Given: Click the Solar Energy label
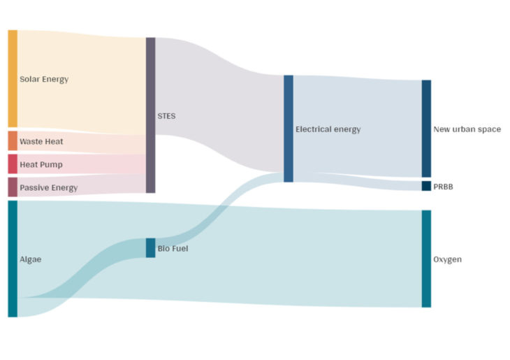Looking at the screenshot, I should coord(44,79).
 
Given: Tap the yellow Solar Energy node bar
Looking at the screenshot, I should coord(13,78).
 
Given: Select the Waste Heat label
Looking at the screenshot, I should coord(41,141).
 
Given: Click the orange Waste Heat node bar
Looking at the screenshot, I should coord(13,141).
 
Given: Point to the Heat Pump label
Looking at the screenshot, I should coord(41,164).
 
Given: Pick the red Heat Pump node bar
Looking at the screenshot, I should coord(13,164).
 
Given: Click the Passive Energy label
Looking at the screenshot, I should coord(48,187).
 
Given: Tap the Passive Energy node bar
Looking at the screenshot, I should coord(13,187).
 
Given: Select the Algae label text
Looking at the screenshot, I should coord(31,259).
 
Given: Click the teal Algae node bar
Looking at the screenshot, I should coord(13,259).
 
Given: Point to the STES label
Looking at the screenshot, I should coord(167,115).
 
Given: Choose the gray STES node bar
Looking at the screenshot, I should coord(150,115).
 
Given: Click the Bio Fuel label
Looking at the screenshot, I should coord(173,248).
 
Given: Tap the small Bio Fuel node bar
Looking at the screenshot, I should coord(150,247).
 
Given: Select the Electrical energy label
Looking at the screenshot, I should coord(328,129).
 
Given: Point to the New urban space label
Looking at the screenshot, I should coord(467,129).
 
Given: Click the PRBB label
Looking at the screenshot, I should coord(444,186).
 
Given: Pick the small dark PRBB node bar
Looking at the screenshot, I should coord(426,186).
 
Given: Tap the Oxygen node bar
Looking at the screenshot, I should coord(426,259).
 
